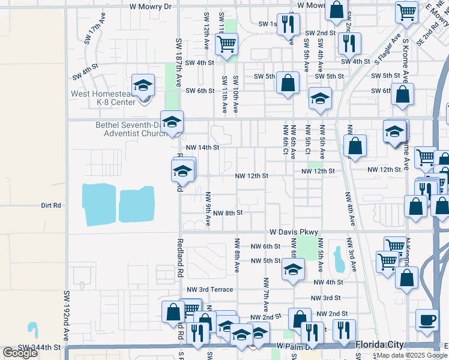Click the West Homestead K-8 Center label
(x=103, y=98)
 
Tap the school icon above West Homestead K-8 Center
(x=143, y=86)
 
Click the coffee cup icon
(x=427, y=319)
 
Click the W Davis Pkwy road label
(x=293, y=232)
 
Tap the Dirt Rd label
(x=51, y=205)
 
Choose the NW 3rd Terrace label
(x=208, y=289)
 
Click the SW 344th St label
(x=40, y=347)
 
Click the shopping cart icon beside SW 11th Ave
(x=227, y=44)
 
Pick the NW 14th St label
(x=203, y=147)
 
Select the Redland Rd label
(x=179, y=258)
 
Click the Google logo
(x=20, y=353)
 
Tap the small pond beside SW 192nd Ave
(x=32, y=329)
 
